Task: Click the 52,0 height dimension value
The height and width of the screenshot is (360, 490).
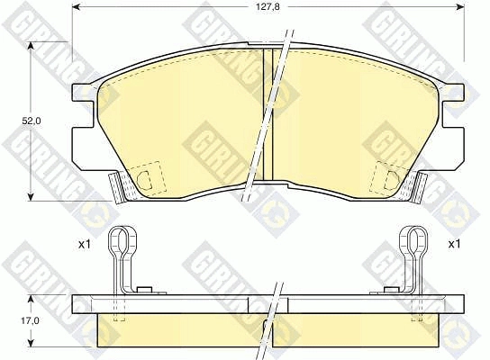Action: coord(31,121)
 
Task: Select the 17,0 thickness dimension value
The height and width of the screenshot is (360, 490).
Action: coord(31,320)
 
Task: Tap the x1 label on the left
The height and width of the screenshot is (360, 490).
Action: coord(84,245)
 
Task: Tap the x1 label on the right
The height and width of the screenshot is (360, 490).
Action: coord(454,244)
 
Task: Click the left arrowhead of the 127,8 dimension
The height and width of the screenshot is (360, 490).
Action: coord(76,6)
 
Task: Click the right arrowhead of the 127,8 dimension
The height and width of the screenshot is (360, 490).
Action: coord(460,6)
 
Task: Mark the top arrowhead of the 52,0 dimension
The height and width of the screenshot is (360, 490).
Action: coord(31,46)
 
